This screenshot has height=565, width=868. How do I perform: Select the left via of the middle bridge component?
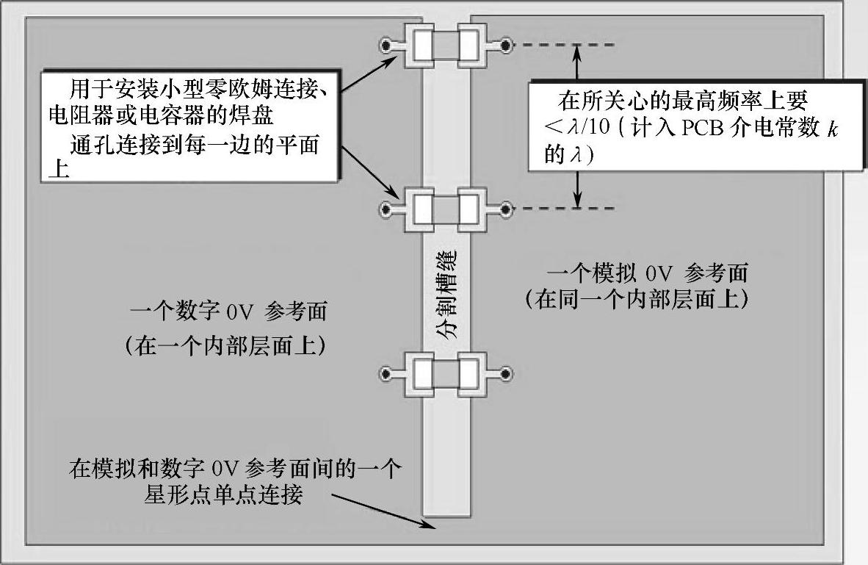[385, 211]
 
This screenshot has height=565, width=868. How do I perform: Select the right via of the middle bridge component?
[506, 211]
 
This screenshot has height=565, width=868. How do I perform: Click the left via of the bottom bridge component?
[385, 375]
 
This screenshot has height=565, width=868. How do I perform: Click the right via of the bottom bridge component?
[506, 375]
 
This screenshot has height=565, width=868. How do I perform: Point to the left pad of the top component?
[422, 46]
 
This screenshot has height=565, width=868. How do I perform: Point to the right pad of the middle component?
[470, 211]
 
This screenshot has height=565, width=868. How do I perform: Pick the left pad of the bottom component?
[422, 375]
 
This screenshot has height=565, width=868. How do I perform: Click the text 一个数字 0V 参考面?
[228, 312]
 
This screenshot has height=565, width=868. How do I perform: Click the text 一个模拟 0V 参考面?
[646, 274]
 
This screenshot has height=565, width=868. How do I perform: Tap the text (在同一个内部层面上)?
[637, 300]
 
